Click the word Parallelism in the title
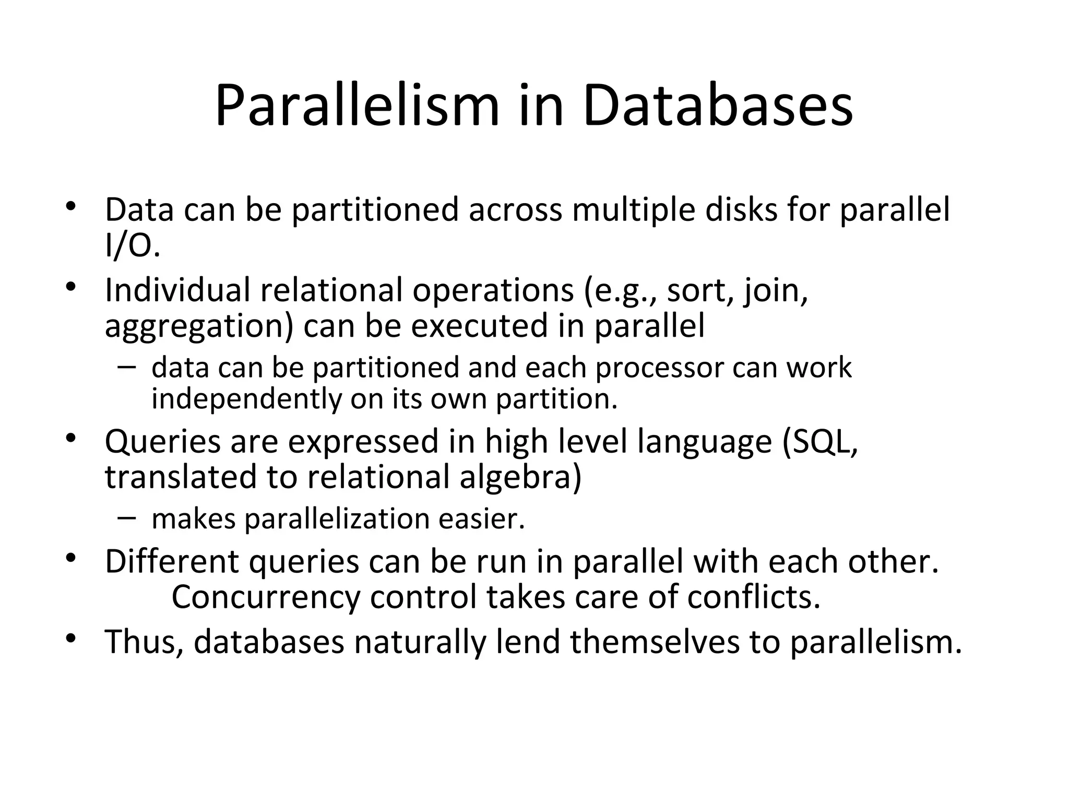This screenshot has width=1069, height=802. click(x=357, y=107)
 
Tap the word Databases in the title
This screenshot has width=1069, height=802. click(x=718, y=107)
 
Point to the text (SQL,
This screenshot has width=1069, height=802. click(x=820, y=442)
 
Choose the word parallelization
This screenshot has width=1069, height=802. click(x=337, y=519)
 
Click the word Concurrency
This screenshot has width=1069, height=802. click(x=266, y=597)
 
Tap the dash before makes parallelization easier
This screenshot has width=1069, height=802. click(x=126, y=517)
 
